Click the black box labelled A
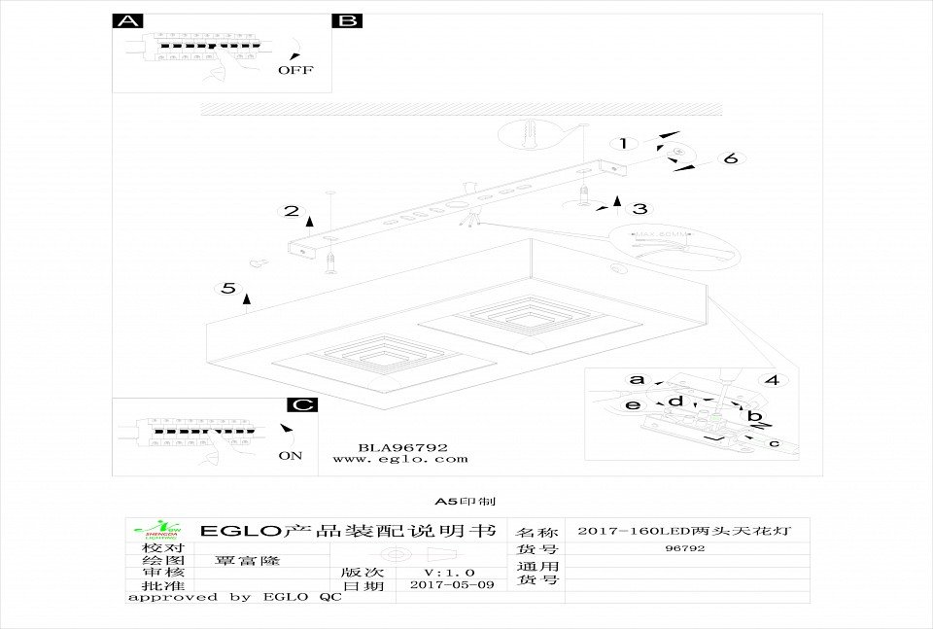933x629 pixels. point(127,21)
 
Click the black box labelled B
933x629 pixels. point(347,21)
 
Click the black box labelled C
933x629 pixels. point(303,404)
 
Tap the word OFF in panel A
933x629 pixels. point(295,70)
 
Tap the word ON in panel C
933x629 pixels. point(290,454)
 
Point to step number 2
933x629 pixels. point(290,211)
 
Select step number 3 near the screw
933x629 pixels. point(639,208)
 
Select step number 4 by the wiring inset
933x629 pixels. point(773,380)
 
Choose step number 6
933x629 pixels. point(731,158)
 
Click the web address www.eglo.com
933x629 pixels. point(399,459)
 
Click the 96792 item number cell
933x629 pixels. point(685,548)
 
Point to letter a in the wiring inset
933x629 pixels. point(637,379)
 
